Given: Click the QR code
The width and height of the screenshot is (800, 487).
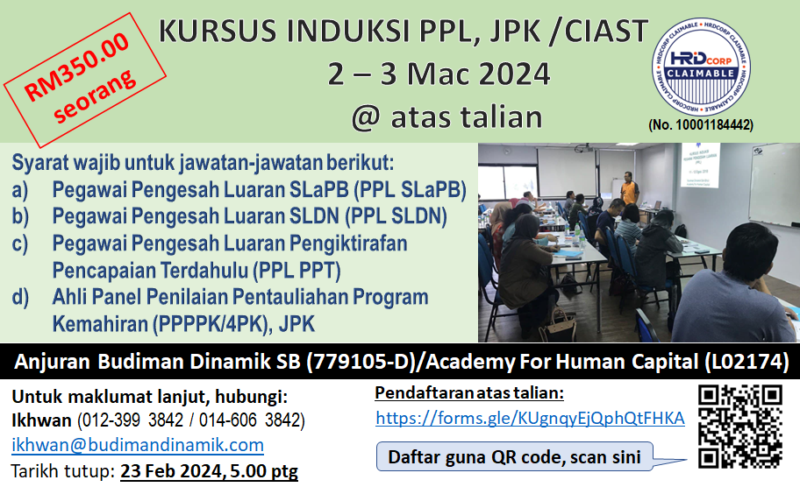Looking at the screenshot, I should click(739, 426).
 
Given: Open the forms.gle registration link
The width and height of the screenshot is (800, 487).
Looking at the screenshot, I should click(530, 418).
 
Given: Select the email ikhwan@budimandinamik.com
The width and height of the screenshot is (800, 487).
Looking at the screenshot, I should click(138, 445).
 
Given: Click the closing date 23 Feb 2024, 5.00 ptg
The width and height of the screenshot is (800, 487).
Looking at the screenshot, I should click(209, 472).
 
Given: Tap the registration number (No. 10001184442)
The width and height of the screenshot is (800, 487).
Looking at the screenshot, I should click(701, 125).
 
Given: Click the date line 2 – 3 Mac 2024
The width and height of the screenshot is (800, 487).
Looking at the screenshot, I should click(439, 74).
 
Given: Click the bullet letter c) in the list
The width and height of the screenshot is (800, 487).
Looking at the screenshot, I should click(20, 243).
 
